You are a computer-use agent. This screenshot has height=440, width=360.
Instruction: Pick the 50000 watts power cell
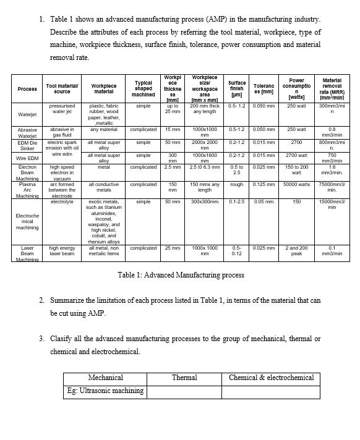(296, 184)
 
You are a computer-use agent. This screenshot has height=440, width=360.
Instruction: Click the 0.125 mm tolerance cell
(264, 184)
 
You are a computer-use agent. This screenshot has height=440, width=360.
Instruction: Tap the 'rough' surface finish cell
(236, 184)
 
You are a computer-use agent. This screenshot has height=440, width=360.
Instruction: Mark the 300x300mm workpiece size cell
(205, 201)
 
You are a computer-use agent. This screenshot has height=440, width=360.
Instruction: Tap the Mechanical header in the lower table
(106, 378)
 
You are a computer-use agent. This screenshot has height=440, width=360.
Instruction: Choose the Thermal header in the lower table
(184, 378)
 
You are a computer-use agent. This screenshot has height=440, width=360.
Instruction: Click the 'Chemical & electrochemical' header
(272, 378)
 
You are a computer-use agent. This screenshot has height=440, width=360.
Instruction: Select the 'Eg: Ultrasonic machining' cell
(106, 391)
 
